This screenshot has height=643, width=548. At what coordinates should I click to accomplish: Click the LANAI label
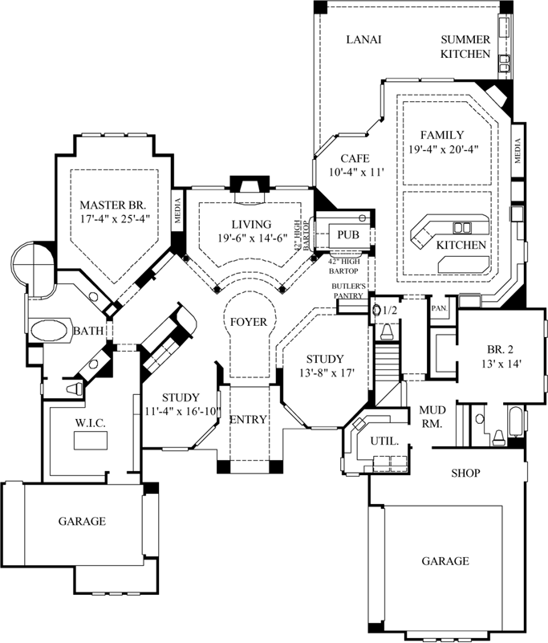363,39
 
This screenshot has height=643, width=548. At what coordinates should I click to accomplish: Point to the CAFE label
353,158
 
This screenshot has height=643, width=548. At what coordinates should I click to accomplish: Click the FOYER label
249,322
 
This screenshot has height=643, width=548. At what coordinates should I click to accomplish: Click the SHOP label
465,473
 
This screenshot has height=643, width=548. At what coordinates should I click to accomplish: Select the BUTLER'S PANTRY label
349,291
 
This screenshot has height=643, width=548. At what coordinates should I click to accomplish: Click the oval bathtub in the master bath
50,330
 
